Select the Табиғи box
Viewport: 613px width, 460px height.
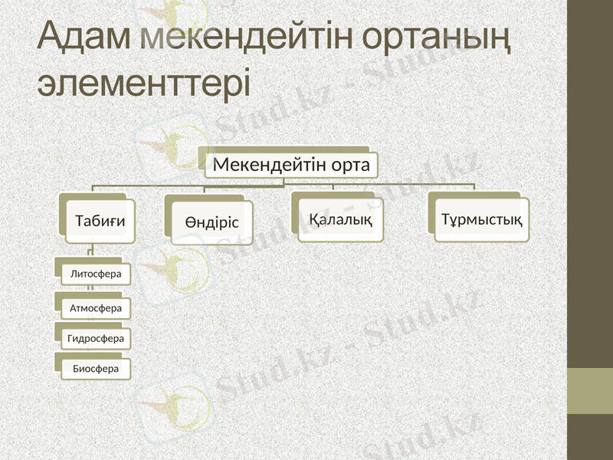[100, 222]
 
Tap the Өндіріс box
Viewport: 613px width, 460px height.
[211, 222]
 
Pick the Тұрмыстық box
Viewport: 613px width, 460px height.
[482, 220]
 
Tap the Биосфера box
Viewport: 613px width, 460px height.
[96, 369]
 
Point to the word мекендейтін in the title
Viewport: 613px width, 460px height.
[250, 38]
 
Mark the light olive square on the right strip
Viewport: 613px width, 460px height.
[590, 391]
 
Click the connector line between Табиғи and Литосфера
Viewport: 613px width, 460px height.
[90, 251]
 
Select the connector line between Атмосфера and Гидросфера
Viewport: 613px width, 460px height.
[90, 320]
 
